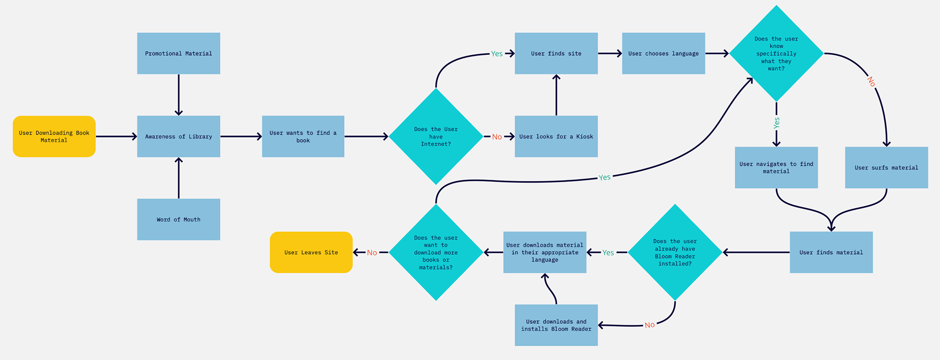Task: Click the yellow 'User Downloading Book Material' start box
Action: click(x=54, y=137)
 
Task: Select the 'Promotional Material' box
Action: click(x=179, y=53)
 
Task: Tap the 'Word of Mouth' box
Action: click(x=179, y=219)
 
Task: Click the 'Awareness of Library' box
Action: click(x=179, y=137)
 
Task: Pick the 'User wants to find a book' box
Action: click(x=303, y=137)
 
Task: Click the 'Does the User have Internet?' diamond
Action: click(x=436, y=137)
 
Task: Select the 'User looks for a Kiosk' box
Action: click(x=556, y=137)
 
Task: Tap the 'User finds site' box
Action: click(x=556, y=53)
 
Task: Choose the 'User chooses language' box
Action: click(x=663, y=53)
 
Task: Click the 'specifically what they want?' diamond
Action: click(x=776, y=53)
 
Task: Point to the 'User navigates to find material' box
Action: click(x=776, y=168)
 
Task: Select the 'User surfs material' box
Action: click(x=887, y=168)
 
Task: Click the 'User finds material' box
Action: click(x=831, y=252)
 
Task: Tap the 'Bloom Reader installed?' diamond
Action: click(x=675, y=252)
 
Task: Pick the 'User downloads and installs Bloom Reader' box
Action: click(x=556, y=325)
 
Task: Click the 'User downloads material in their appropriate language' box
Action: click(x=545, y=252)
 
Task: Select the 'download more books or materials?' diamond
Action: click(x=436, y=252)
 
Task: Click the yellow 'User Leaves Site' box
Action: click(x=311, y=252)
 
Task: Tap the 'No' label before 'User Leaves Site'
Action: click(x=372, y=253)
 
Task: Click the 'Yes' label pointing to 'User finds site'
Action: click(x=497, y=54)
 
